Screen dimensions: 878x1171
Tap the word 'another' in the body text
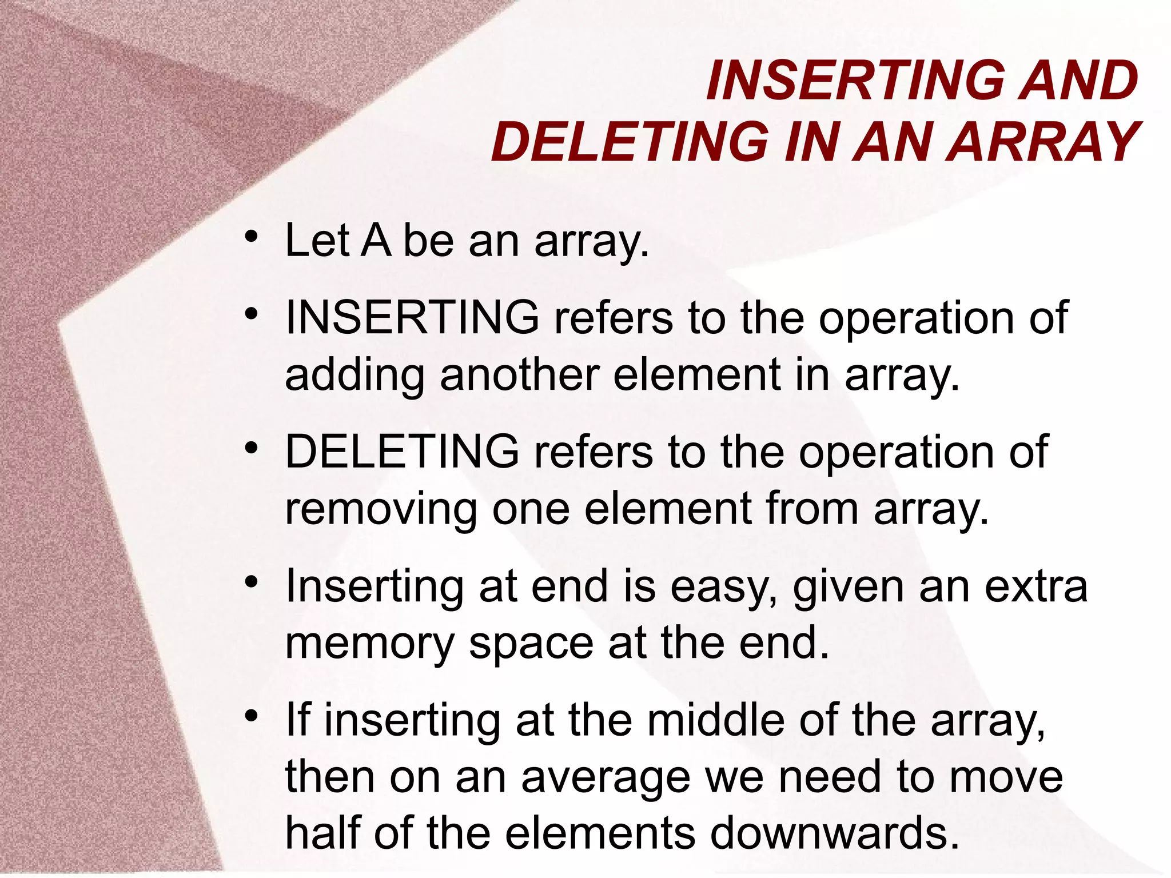(x=519, y=375)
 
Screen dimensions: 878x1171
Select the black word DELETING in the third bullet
(x=402, y=452)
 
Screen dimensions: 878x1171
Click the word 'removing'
(x=381, y=509)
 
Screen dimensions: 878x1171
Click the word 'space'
(x=531, y=644)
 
